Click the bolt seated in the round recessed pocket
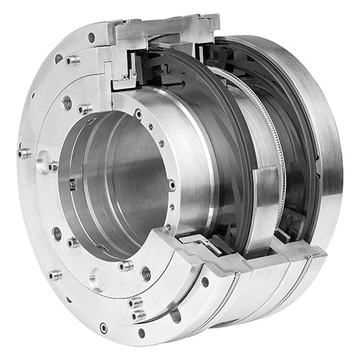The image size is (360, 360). point(51,166)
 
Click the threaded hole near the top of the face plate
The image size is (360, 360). point(67,103)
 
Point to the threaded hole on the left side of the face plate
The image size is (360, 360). point(57,233)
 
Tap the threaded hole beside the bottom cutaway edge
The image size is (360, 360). point(145,272)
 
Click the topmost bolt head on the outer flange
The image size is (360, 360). point(72,60)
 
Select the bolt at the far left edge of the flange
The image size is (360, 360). point(23,153)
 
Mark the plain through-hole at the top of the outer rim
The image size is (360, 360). point(91,37)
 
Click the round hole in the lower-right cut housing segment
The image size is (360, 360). point(205,281)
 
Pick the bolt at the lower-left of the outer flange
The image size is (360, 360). point(54,275)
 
